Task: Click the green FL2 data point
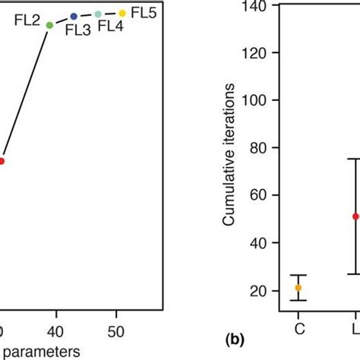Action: point(49,25)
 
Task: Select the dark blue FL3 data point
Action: point(74,16)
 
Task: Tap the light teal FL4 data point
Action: point(98,14)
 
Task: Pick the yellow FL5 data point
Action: point(122,13)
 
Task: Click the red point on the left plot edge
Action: point(2,161)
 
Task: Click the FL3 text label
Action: point(77,30)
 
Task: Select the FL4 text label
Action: point(111,27)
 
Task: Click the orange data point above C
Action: point(298,288)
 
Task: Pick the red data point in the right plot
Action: point(355,216)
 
